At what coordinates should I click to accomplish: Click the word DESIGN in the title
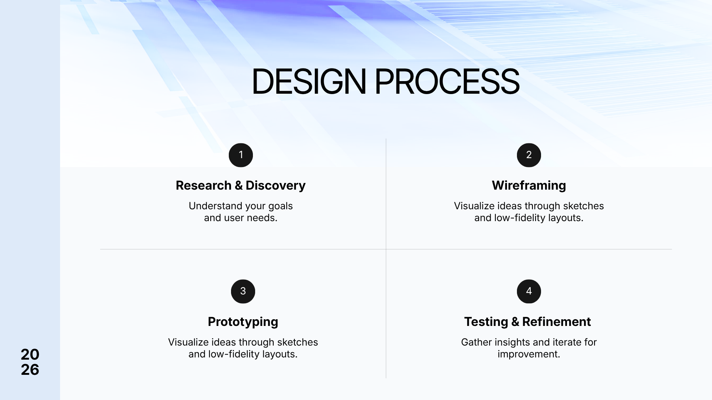(x=309, y=81)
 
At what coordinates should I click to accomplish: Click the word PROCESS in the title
(x=447, y=81)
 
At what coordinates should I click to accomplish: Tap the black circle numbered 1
(x=241, y=155)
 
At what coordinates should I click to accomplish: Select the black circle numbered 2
(x=529, y=155)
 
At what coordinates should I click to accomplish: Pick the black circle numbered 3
(x=243, y=291)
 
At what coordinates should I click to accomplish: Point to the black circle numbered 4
(x=529, y=291)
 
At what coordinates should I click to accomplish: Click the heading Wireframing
(x=529, y=186)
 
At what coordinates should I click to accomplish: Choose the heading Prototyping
(x=243, y=322)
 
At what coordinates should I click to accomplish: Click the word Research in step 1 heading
(x=204, y=186)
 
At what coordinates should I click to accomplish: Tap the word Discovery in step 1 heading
(x=276, y=186)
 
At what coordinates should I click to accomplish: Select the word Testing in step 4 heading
(x=486, y=322)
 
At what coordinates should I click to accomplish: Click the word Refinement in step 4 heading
(x=557, y=322)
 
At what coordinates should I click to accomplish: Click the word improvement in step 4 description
(x=529, y=354)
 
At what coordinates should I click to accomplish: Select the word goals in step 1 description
(x=281, y=206)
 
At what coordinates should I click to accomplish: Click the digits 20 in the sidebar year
(x=30, y=355)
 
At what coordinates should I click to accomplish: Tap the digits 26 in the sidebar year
(x=30, y=370)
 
